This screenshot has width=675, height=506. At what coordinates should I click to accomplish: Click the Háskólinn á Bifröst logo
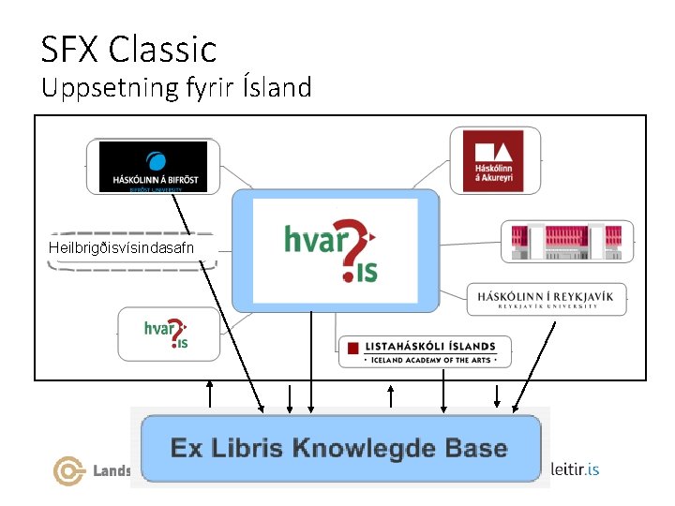click(153, 167)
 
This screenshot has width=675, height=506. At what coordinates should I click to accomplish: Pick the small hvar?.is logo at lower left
click(166, 333)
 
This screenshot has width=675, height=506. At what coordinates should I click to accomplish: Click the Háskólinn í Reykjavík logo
click(547, 299)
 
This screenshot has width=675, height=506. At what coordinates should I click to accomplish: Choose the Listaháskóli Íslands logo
click(427, 351)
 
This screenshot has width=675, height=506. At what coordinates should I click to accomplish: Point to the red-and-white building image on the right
click(566, 243)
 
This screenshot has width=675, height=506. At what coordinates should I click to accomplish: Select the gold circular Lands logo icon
click(68, 470)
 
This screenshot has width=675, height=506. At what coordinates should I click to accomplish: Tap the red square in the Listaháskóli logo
click(352, 349)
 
